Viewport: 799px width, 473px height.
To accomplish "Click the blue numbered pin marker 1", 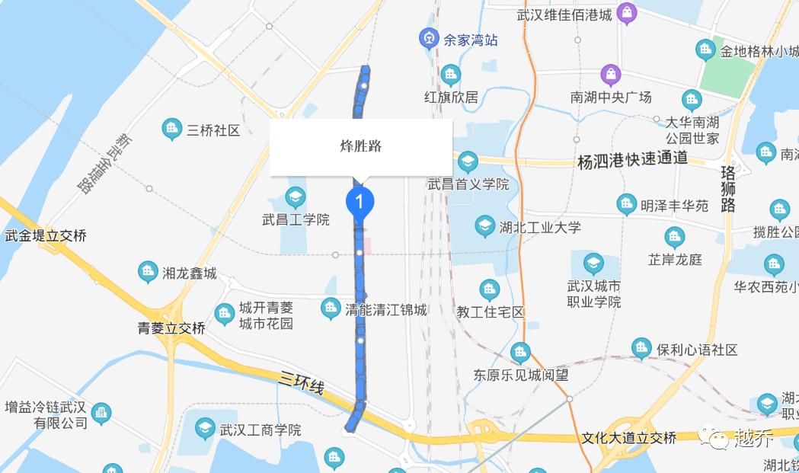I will point(360,202).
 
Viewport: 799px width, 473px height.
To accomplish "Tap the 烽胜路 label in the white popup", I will point(360,146).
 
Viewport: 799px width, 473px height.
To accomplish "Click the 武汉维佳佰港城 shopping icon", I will point(626,13).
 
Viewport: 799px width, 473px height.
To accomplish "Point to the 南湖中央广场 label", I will point(611,97).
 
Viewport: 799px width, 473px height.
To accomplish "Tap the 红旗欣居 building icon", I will point(451,75).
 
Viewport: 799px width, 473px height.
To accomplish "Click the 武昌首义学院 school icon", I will point(467,161).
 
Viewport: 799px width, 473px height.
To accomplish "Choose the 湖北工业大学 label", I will point(540,227).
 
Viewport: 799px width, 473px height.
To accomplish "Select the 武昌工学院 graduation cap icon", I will point(296,198).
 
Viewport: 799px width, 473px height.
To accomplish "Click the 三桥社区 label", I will point(213,130).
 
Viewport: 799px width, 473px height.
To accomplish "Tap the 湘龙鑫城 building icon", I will point(149,271).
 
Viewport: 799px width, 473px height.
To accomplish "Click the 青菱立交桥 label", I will point(171,328).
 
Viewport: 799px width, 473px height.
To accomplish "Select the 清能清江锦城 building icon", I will point(331,308).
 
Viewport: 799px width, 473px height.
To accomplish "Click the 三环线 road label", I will point(302,383).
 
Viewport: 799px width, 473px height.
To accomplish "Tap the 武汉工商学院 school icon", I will point(204,429).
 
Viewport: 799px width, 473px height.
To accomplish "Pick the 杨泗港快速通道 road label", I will point(632,160).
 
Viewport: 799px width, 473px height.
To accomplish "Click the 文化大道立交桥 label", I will point(628,438).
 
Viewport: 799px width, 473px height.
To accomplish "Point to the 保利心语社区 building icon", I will point(642,350).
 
